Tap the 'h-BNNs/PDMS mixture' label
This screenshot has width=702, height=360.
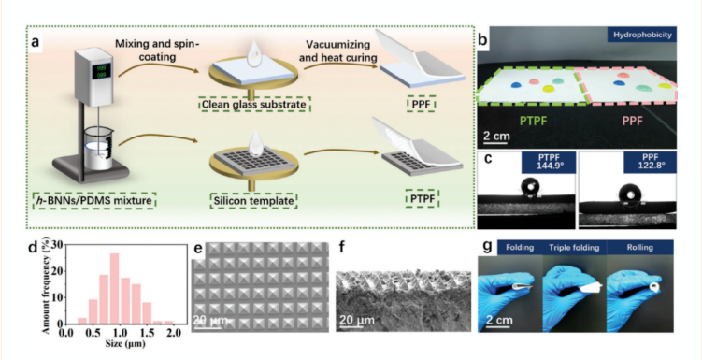(x=94, y=201)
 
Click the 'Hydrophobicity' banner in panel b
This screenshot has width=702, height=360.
(x=641, y=35)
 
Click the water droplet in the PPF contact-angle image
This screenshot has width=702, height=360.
(x=631, y=194)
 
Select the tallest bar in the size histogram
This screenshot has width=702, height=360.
(x=114, y=288)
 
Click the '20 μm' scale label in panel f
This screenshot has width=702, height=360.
(x=356, y=320)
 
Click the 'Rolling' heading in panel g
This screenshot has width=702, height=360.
(x=641, y=247)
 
